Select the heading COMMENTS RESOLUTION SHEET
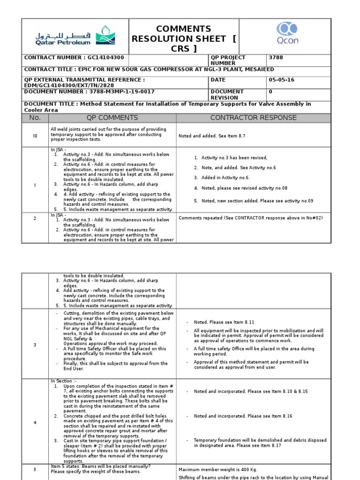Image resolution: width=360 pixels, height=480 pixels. (184, 39)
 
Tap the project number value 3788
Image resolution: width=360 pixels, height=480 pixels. (276, 58)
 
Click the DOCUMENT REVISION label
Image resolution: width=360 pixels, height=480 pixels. (227, 95)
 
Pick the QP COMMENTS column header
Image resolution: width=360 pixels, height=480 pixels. (112, 118)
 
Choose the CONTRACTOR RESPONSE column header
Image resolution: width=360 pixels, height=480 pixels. (253, 118)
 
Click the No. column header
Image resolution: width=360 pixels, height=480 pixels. (35, 118)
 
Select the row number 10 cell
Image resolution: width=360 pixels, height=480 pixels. (35, 135)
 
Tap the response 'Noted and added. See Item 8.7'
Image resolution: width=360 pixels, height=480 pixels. (212, 136)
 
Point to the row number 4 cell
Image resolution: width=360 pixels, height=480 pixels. (35, 423)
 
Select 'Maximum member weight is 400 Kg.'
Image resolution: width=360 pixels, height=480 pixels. (217, 469)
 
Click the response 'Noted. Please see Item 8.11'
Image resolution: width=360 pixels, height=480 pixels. (224, 322)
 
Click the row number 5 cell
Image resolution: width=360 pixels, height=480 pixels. (35, 469)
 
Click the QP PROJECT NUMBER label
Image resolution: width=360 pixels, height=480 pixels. (228, 60)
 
